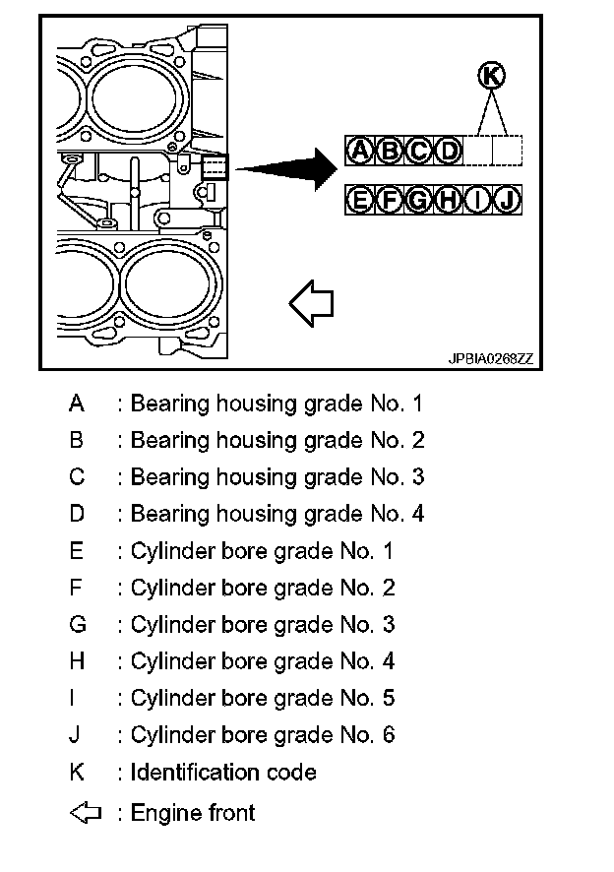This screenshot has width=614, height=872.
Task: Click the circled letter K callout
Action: click(492, 75)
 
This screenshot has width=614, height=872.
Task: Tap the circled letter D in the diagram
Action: click(449, 151)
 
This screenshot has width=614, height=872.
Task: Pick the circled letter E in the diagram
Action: click(360, 201)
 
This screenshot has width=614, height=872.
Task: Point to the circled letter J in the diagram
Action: click(508, 201)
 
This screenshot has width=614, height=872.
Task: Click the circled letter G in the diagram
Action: click(419, 201)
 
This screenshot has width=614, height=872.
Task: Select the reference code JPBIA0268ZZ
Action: click(491, 360)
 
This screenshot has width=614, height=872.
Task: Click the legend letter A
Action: click(77, 404)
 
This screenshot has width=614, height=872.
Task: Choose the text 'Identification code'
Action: click(223, 772)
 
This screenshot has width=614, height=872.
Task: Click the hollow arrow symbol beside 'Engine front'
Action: click(86, 813)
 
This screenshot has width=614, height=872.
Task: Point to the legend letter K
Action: click(77, 772)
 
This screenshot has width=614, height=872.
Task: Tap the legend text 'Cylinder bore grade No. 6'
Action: click(262, 735)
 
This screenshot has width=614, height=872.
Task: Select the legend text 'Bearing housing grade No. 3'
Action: click(276, 477)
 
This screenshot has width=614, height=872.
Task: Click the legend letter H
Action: click(77, 661)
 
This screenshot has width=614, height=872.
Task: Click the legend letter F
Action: click(77, 588)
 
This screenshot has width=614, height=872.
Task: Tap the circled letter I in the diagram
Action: click(478, 201)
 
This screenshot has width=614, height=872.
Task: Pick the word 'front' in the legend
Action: click(231, 813)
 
